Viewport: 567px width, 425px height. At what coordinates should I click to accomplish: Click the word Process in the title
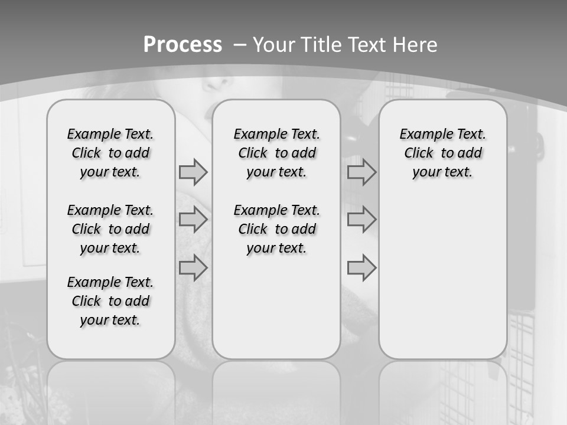pyautogui.click(x=183, y=45)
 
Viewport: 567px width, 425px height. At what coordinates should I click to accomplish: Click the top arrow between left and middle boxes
pyautogui.click(x=193, y=172)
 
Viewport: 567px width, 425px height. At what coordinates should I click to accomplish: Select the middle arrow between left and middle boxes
pyautogui.click(x=193, y=220)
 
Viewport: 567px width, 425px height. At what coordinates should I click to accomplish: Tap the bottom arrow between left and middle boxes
pyautogui.click(x=193, y=267)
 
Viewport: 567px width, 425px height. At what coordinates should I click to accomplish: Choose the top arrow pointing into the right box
pyautogui.click(x=361, y=172)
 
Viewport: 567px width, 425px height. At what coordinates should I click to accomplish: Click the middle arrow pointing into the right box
pyautogui.click(x=361, y=220)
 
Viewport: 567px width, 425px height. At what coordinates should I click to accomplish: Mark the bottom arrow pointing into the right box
pyautogui.click(x=361, y=267)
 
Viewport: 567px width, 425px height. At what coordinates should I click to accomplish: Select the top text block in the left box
pyautogui.click(x=110, y=153)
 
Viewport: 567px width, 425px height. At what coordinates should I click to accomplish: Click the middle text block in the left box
pyautogui.click(x=110, y=229)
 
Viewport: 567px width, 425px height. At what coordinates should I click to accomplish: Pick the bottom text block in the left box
pyautogui.click(x=110, y=301)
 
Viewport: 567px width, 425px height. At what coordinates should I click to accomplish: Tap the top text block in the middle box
pyautogui.click(x=276, y=153)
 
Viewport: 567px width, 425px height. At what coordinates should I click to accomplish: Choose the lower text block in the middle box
pyautogui.click(x=276, y=229)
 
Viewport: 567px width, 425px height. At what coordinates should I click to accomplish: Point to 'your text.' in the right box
pyautogui.click(x=442, y=172)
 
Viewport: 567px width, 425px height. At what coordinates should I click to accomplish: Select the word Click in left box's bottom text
pyautogui.click(x=86, y=301)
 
